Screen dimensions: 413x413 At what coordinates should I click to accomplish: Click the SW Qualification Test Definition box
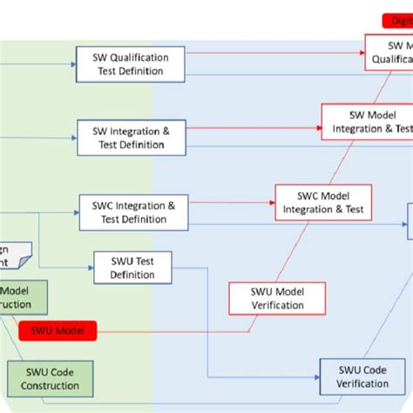tap(130, 64)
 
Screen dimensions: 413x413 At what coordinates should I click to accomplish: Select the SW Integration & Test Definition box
tap(130, 137)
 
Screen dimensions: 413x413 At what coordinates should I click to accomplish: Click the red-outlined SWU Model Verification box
tap(278, 298)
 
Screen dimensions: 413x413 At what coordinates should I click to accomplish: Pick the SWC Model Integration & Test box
tap(322, 201)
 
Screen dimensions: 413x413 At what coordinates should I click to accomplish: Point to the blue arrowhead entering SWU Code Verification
tap(315, 376)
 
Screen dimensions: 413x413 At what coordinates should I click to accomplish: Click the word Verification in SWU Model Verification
tap(278, 306)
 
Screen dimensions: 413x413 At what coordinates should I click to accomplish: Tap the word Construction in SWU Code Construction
tap(44, 385)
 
